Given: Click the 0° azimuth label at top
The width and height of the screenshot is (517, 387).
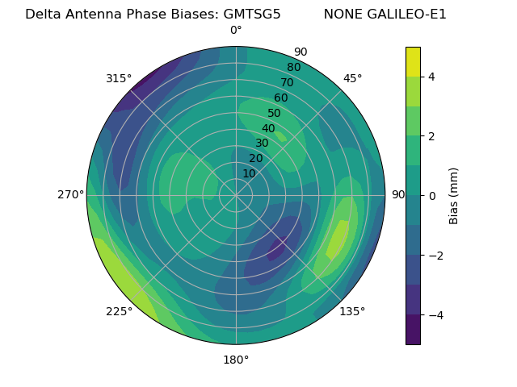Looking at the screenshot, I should click(x=236, y=31).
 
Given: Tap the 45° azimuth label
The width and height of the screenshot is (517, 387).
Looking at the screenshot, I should click(x=352, y=78).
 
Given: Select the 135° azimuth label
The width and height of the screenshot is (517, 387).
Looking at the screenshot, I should click(x=352, y=311).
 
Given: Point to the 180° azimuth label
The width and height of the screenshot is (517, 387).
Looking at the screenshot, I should click(x=236, y=360).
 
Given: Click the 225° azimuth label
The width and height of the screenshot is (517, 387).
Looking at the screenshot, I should click(x=119, y=311).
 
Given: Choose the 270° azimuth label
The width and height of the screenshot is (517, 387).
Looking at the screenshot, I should click(x=70, y=194).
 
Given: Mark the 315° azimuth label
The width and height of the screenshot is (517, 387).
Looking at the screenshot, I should click(x=119, y=78).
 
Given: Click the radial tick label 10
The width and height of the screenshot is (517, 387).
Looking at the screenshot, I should click(x=249, y=173).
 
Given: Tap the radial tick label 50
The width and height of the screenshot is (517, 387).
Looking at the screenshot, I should click(x=275, y=114).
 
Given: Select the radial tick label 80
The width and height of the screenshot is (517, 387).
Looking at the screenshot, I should click(x=293, y=68).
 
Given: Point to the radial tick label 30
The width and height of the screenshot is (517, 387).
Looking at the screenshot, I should click(x=262, y=144).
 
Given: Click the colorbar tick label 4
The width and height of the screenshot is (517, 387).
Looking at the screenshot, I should click(x=431, y=77).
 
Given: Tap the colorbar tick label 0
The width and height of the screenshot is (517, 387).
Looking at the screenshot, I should click(x=431, y=195).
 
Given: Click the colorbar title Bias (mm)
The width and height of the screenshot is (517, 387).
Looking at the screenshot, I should click(x=454, y=195).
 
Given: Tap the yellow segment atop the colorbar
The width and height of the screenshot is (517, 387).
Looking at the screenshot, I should click(x=413, y=61).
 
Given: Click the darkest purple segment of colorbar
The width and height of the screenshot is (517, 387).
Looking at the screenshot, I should click(x=413, y=329).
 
